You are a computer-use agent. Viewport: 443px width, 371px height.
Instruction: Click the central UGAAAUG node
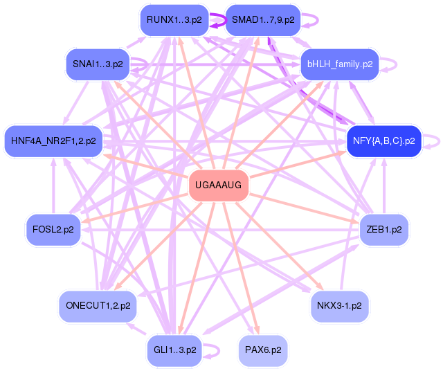pos(219,185)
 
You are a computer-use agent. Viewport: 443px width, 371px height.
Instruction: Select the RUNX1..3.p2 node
pos(174,20)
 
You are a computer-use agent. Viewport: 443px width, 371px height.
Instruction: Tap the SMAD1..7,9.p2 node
pos(263,20)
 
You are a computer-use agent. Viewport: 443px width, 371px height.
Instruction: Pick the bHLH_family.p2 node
pos(340,64)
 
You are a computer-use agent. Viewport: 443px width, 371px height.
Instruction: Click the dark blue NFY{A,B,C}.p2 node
pos(384,141)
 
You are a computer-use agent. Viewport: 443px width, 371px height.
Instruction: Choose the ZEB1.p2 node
pos(384,229)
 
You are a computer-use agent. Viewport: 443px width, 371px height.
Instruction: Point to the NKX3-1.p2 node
pos(340,306)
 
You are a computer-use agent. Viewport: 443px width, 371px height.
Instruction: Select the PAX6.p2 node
pos(263,350)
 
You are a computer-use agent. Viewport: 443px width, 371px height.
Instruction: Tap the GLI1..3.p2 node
pos(174,350)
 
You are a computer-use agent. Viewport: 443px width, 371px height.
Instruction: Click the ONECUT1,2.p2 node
pos(98,306)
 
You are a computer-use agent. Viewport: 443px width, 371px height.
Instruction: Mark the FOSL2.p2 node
pos(53,229)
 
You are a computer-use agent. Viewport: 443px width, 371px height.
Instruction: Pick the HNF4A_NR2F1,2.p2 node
pos(53,141)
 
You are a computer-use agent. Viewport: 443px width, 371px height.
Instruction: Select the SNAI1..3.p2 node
pos(98,64)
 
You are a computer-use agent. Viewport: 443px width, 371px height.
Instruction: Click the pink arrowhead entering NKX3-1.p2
pos(320,287)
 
